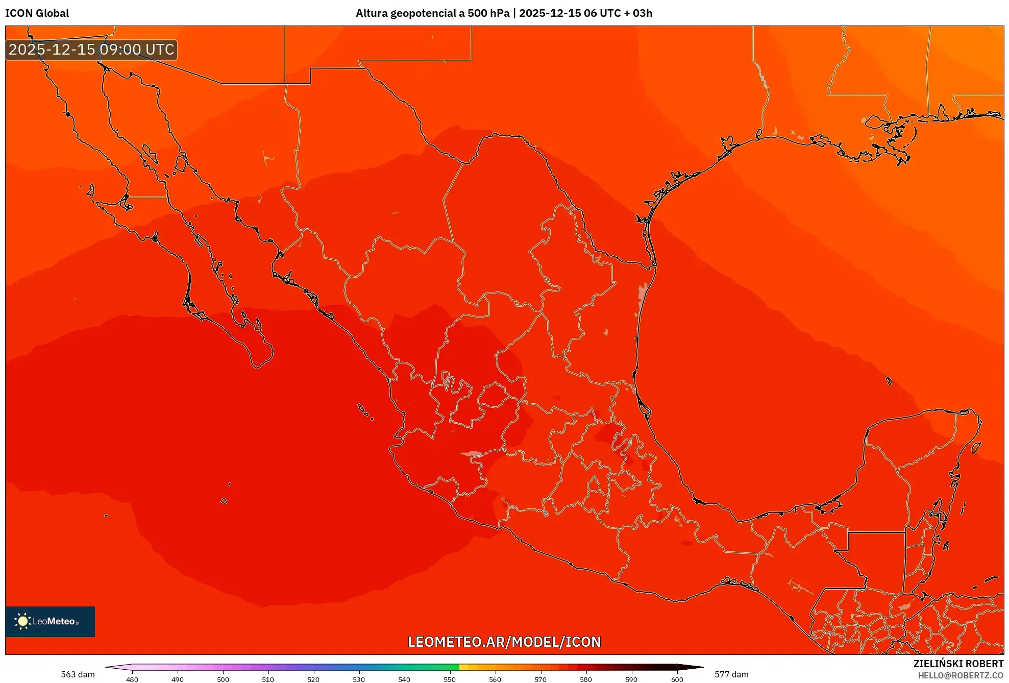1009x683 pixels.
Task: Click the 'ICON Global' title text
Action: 37,13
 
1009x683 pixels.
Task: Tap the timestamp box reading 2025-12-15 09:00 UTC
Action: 91,50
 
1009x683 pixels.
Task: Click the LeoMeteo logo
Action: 50,621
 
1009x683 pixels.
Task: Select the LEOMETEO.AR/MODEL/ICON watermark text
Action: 504,642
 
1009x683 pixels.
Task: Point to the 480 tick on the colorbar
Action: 132,679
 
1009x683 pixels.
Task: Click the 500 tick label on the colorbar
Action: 223,679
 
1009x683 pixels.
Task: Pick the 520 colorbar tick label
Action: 313,679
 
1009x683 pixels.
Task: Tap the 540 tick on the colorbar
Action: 404,679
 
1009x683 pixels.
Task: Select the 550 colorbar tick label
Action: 450,679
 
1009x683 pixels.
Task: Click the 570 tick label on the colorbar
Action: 540,679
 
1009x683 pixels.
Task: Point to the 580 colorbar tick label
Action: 586,679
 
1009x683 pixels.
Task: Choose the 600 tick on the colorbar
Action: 677,679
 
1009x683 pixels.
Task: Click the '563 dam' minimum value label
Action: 78,674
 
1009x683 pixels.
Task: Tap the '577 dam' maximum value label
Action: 731,674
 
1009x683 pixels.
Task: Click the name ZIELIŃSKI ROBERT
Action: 958,664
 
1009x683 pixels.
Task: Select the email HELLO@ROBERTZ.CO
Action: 961,675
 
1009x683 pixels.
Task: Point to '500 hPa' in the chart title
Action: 488,13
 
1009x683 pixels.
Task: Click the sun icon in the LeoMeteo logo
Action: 22,621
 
